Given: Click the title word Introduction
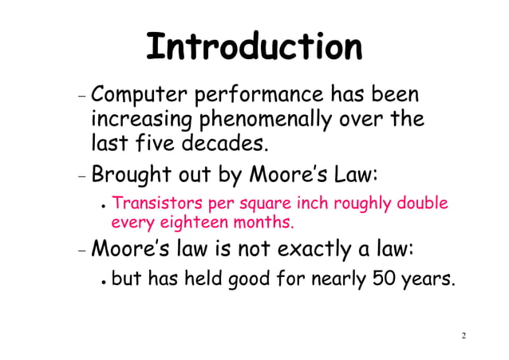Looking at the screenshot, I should point(254,47).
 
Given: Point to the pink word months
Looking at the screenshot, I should point(262,220).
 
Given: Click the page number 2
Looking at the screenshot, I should point(464,335).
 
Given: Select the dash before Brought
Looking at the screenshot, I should point(83,175).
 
